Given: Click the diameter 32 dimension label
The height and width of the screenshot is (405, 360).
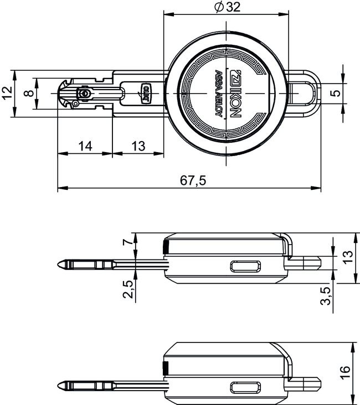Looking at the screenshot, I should (x=227, y=7).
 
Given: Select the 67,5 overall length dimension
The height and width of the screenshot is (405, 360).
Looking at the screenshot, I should (x=193, y=180).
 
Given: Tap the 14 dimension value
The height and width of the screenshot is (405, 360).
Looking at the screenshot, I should (x=85, y=146).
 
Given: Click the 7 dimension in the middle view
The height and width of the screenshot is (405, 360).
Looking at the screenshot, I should (x=128, y=242).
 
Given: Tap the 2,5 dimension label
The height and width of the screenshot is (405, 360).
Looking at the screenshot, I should (x=128, y=288).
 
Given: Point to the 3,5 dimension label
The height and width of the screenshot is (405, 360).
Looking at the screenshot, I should (x=327, y=295).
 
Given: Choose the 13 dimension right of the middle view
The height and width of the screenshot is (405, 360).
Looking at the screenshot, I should (x=347, y=258).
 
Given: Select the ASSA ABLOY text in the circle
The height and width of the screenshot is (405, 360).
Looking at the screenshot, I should (x=218, y=94).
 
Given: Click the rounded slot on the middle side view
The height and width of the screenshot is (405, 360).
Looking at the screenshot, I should (x=245, y=266).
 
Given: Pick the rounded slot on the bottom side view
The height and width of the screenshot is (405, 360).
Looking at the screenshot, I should (x=245, y=387).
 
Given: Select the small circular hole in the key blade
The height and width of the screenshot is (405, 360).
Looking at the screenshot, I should (x=84, y=95).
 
